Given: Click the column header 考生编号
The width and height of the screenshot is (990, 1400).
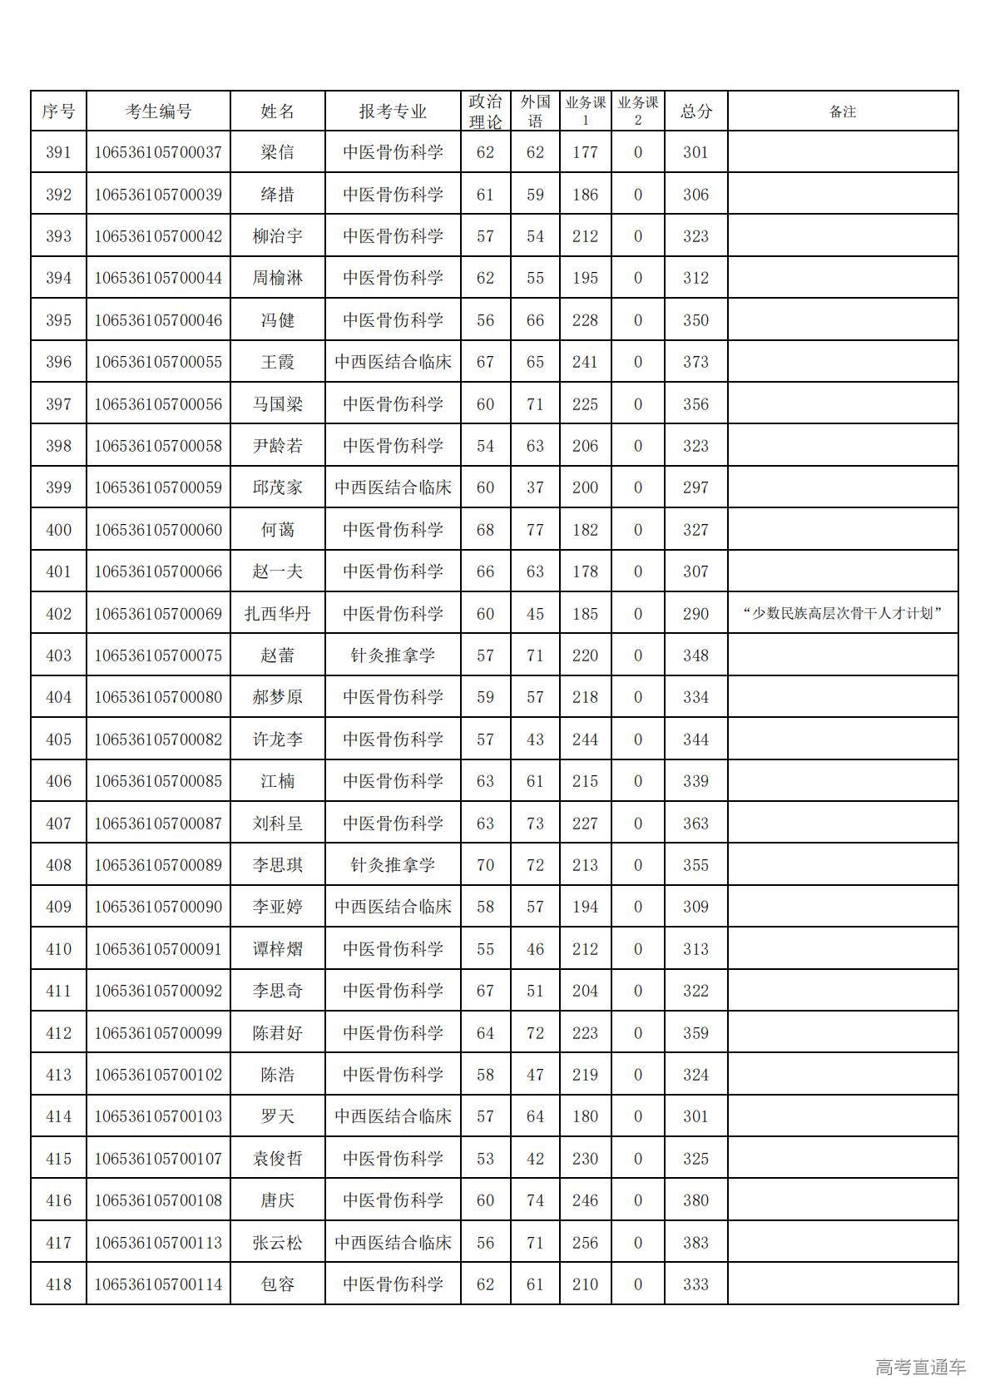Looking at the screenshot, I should point(158,111).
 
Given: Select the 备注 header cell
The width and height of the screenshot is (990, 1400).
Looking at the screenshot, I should point(843,111).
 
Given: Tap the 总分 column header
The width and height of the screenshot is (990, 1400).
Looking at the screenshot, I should point(696,111).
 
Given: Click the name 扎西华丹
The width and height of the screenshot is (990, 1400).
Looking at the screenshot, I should point(277,614).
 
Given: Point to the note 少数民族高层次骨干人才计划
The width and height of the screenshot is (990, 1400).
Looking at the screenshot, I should point(843,614).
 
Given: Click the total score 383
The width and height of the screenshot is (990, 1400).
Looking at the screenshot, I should point(696,1243).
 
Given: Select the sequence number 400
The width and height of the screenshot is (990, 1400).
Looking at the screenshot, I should point(58,530).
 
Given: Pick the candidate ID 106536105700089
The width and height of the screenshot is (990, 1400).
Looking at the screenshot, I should point(158,865).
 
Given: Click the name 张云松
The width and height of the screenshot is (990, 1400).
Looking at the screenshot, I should point(277,1243).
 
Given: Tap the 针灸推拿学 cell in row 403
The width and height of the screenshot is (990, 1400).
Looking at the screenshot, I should point(393,655).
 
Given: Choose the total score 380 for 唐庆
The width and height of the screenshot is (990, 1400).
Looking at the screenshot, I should point(696,1200).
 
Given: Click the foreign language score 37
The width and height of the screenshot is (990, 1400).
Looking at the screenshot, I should point(535,487).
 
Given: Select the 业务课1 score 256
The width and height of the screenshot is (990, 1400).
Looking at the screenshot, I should point(585,1243).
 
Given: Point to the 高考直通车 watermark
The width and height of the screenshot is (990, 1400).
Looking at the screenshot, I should point(920,1367).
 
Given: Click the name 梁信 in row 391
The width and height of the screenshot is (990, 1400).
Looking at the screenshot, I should point(277,152).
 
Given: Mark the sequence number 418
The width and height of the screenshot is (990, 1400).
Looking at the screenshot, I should point(58,1284).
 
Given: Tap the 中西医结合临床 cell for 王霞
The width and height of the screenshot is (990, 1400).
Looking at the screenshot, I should point(393,362).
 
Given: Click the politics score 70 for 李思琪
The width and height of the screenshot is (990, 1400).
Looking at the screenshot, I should point(485,865).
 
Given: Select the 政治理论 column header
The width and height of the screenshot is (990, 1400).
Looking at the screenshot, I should point(485,111).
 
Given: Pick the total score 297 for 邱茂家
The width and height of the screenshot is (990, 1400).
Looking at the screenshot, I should point(696,487).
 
